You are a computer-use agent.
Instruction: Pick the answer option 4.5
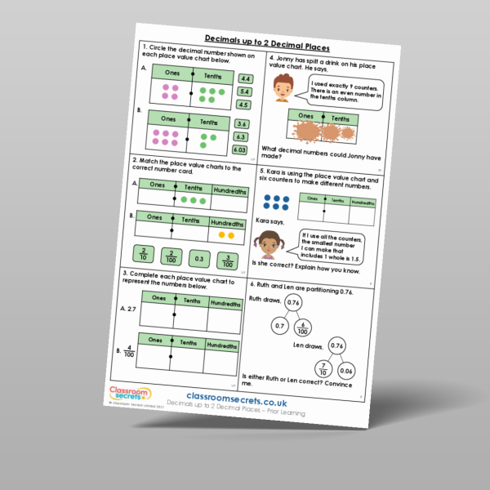pyautogui.click(x=243, y=105)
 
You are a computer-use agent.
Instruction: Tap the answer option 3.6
pyautogui.click(x=243, y=124)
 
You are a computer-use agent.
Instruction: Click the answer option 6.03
pyautogui.click(x=241, y=149)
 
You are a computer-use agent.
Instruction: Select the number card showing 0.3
pyautogui.click(x=197, y=258)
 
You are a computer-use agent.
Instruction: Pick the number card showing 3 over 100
pyautogui.click(x=228, y=261)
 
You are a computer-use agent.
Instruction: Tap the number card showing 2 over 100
pyautogui.click(x=170, y=256)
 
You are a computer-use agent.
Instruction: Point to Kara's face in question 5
pyautogui.click(x=269, y=243)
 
